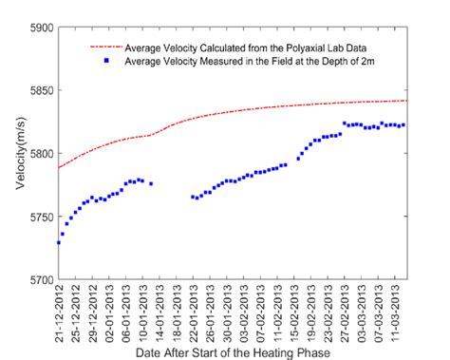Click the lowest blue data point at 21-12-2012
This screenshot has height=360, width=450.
(59, 242)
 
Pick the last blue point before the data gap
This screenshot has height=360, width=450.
(151, 183)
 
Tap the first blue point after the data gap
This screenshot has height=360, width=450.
(193, 197)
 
